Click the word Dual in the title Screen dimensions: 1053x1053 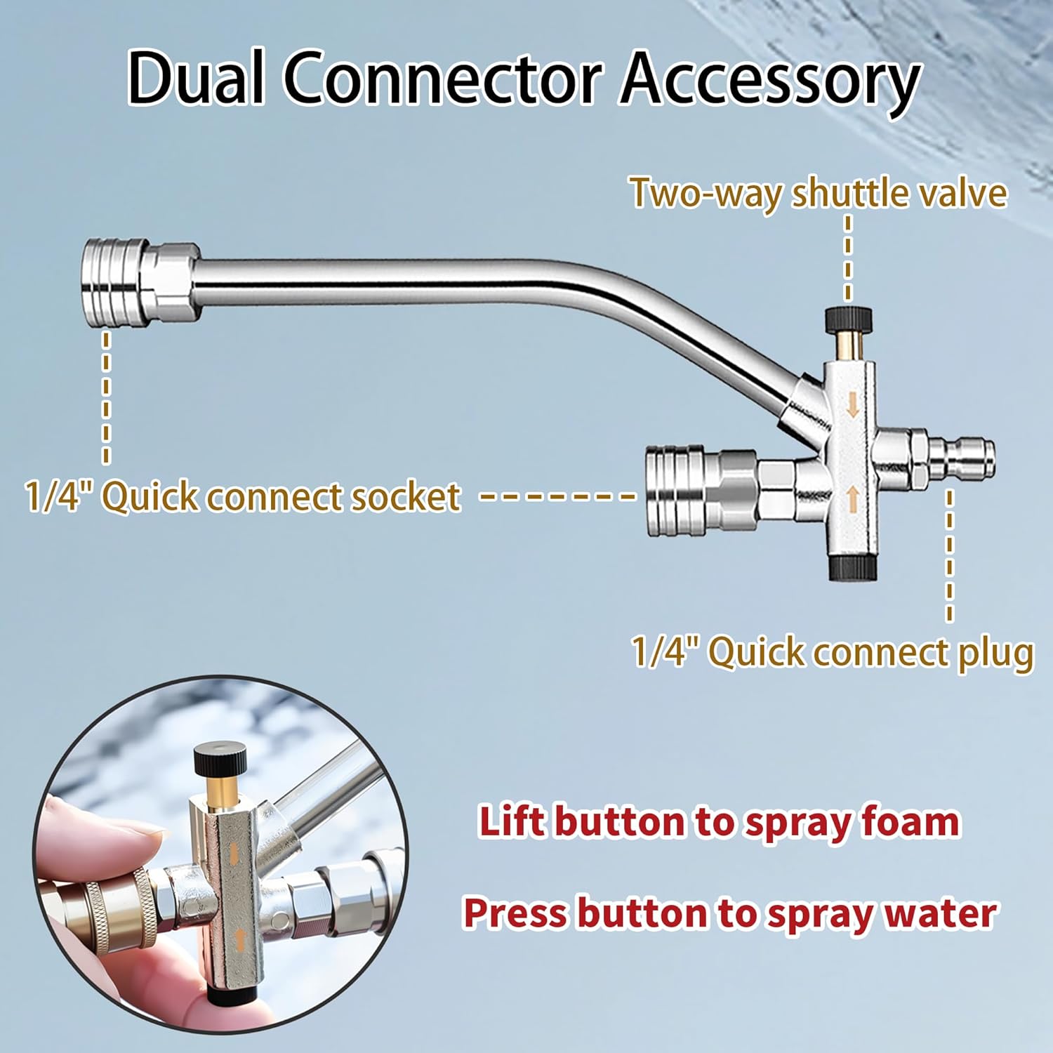(196, 79)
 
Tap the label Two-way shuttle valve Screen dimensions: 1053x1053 (818, 192)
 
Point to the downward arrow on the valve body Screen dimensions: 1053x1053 (853, 405)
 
